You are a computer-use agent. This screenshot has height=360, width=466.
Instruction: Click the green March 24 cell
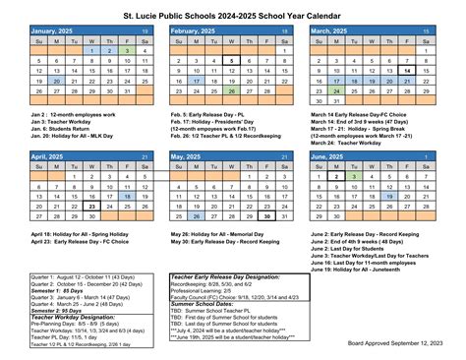pos(338,90)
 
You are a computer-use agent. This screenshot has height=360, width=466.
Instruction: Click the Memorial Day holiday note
pos(219,234)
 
